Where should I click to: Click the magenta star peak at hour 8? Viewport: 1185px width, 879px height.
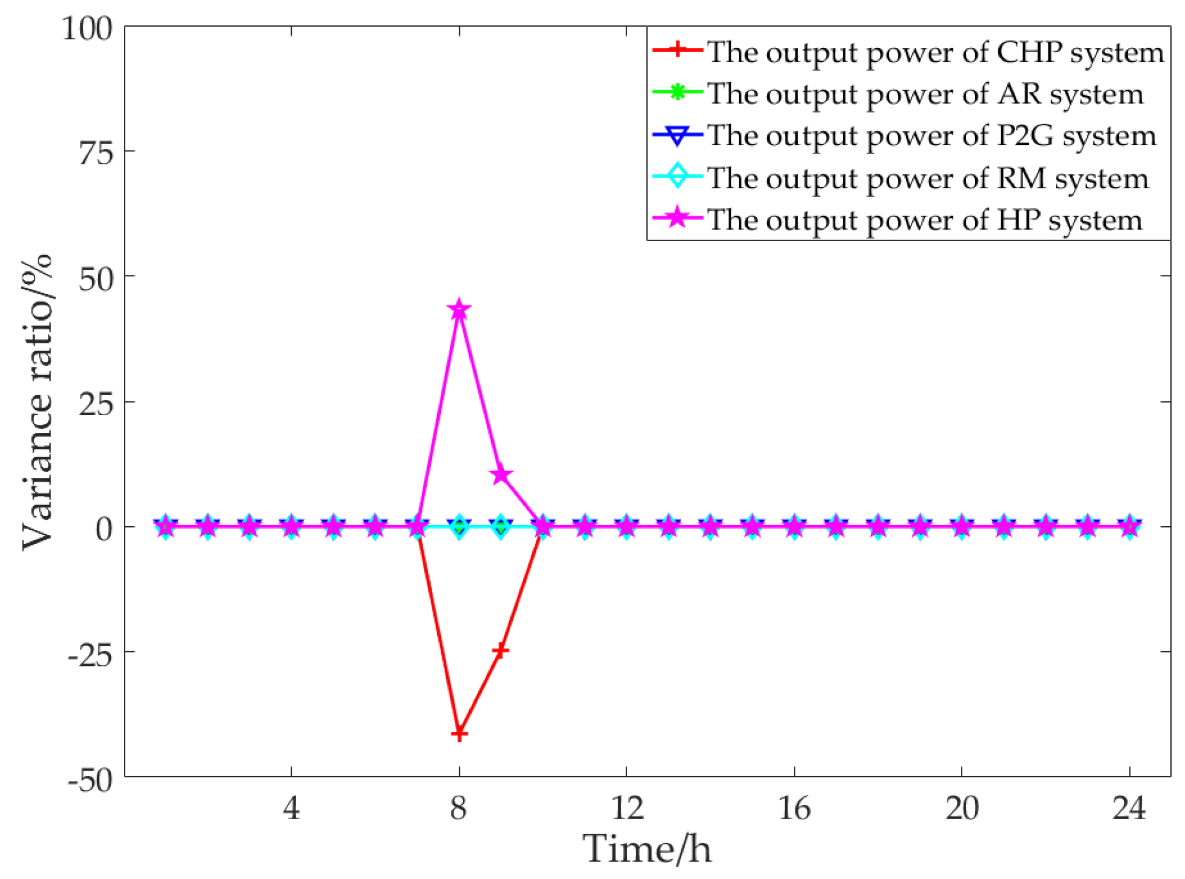pos(459,309)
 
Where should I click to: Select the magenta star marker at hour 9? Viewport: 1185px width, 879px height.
pos(501,474)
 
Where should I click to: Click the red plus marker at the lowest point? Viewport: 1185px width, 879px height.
pos(459,734)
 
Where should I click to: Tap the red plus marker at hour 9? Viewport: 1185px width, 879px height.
pos(500,650)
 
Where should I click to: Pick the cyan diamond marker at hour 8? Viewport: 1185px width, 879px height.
pos(460,527)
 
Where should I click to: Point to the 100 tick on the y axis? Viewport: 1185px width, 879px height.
pos(88,28)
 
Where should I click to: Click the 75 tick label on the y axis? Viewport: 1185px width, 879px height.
pos(97,153)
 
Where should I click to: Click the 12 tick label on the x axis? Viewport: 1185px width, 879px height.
pos(627,807)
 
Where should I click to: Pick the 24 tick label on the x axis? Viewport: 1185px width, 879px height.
pos(1129,807)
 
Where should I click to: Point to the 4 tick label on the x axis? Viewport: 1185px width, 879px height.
pos(291,807)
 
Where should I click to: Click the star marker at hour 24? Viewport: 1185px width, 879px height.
pos(1129,527)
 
